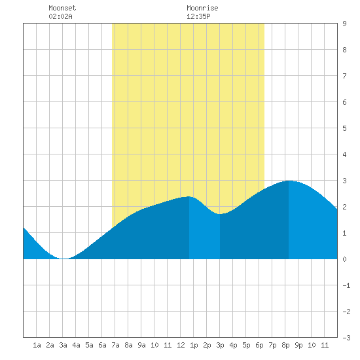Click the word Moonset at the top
tap(62, 8)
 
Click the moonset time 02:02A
tap(60, 16)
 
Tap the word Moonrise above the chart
tap(202, 8)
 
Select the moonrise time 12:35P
tap(198, 16)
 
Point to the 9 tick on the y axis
tap(344, 24)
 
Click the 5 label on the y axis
tap(344, 128)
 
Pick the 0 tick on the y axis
tap(344, 259)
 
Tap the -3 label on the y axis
tap(346, 338)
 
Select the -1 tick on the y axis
tap(346, 285)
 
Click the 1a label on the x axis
tap(37, 345)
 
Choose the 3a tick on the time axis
tap(63, 345)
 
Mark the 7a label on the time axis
tap(115, 345)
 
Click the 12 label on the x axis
tap(181, 345)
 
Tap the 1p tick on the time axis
tap(194, 345)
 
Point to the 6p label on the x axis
tap(259, 345)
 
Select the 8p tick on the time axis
tap(285, 345)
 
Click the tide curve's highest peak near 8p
tap(289, 181)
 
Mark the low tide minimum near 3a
tap(64, 259)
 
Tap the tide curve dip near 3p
tap(220, 214)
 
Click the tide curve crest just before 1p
tap(189, 196)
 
